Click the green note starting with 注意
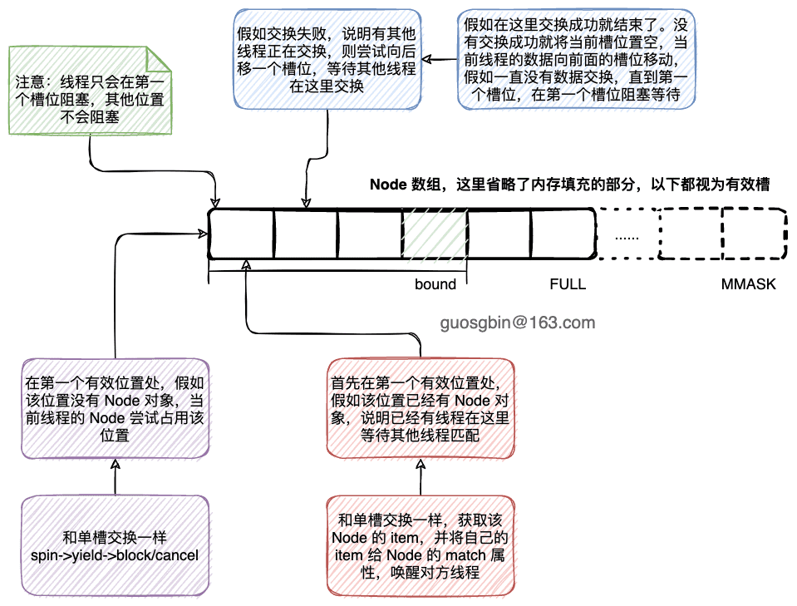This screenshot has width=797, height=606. pos(89,91)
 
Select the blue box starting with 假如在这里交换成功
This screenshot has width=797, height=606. pos(577,58)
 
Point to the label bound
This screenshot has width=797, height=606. pos(435,284)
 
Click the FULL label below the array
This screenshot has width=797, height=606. pos(568,284)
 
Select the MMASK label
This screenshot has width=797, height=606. pos(748,284)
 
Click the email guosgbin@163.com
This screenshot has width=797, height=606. pos(519,322)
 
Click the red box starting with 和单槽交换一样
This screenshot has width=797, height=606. pos(420,545)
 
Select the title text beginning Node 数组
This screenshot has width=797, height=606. pos(568,185)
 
